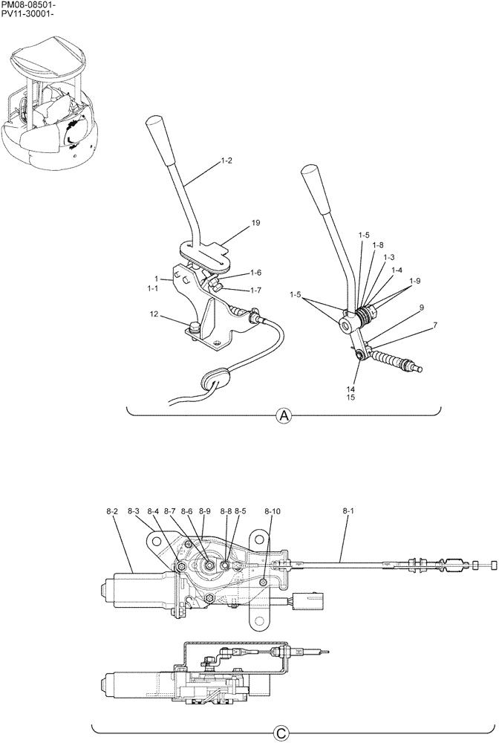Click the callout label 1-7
click(255, 290)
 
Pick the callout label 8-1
click(348, 511)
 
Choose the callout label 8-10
click(271, 511)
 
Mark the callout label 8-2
click(113, 511)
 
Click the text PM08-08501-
click(27, 5)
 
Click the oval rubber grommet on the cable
click(214, 380)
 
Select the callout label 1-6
click(255, 273)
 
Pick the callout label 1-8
click(379, 245)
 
